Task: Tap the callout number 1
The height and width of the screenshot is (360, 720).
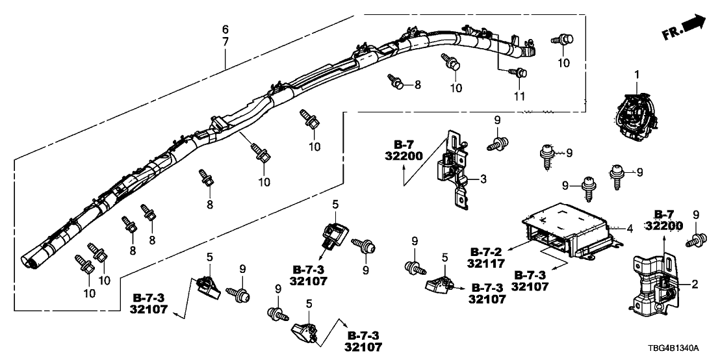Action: [637, 76]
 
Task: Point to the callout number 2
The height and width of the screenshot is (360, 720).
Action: [694, 284]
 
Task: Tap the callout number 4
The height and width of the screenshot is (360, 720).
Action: [629, 229]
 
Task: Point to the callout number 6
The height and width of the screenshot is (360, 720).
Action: [225, 29]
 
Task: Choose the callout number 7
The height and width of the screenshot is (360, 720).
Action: [225, 41]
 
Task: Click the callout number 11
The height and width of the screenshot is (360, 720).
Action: [519, 96]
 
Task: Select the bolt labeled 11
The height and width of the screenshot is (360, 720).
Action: [518, 73]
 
